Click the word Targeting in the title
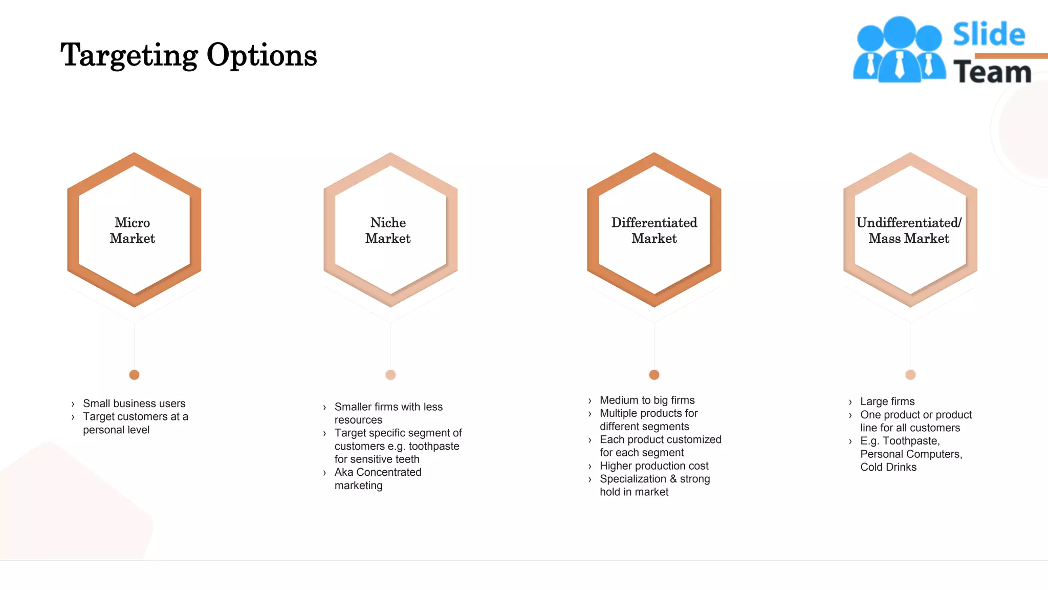coord(129,55)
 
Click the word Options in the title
coord(261,55)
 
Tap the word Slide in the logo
coord(989,35)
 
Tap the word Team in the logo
coord(992,72)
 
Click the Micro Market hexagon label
coord(133,230)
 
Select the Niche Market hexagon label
coord(388,230)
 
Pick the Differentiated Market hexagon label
coord(654,230)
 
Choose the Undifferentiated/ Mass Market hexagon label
coord(909,230)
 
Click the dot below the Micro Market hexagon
coord(135,375)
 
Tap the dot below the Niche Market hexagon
coord(390,375)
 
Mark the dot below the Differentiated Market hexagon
coord(654,375)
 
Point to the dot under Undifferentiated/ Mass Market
coord(910,375)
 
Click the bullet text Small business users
coord(134,404)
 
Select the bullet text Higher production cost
coord(654,466)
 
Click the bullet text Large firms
coord(887,402)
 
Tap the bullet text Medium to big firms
coord(647,401)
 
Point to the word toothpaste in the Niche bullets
coord(434,446)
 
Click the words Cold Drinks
coord(888,467)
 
